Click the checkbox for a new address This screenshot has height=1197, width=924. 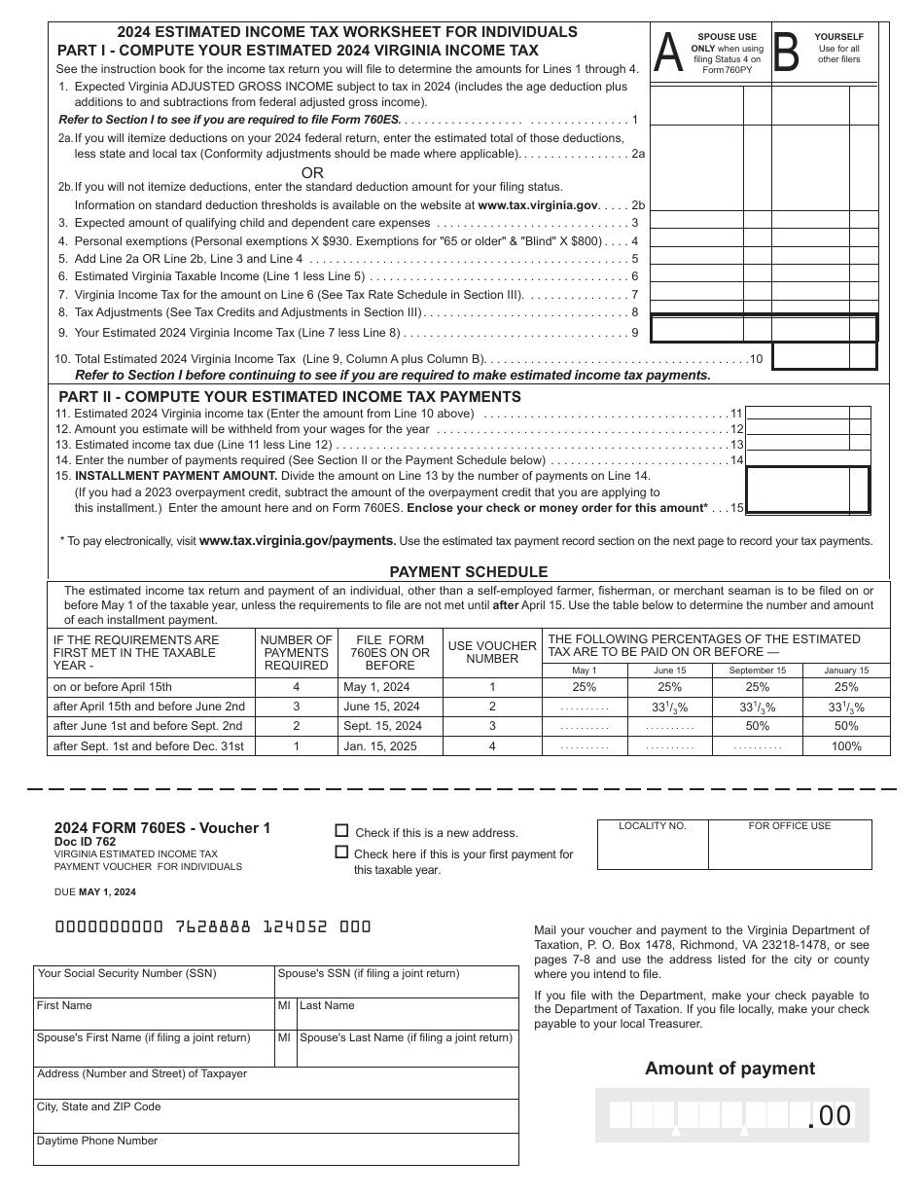[341, 831]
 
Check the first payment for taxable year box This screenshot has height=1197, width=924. [341, 852]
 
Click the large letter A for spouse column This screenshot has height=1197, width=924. [668, 54]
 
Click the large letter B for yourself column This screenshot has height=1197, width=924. [785, 54]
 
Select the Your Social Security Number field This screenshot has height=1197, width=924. [154, 982]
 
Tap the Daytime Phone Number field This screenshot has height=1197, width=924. [276, 1149]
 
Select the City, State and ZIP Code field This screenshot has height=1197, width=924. [276, 1115]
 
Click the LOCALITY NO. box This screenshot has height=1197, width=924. [653, 847]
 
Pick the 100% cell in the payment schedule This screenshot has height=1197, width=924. [846, 746]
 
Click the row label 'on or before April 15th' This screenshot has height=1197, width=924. [113, 687]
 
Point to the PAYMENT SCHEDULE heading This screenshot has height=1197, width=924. [469, 572]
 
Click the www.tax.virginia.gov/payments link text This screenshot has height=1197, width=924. [297, 541]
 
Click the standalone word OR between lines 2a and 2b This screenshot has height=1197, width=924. [312, 172]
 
